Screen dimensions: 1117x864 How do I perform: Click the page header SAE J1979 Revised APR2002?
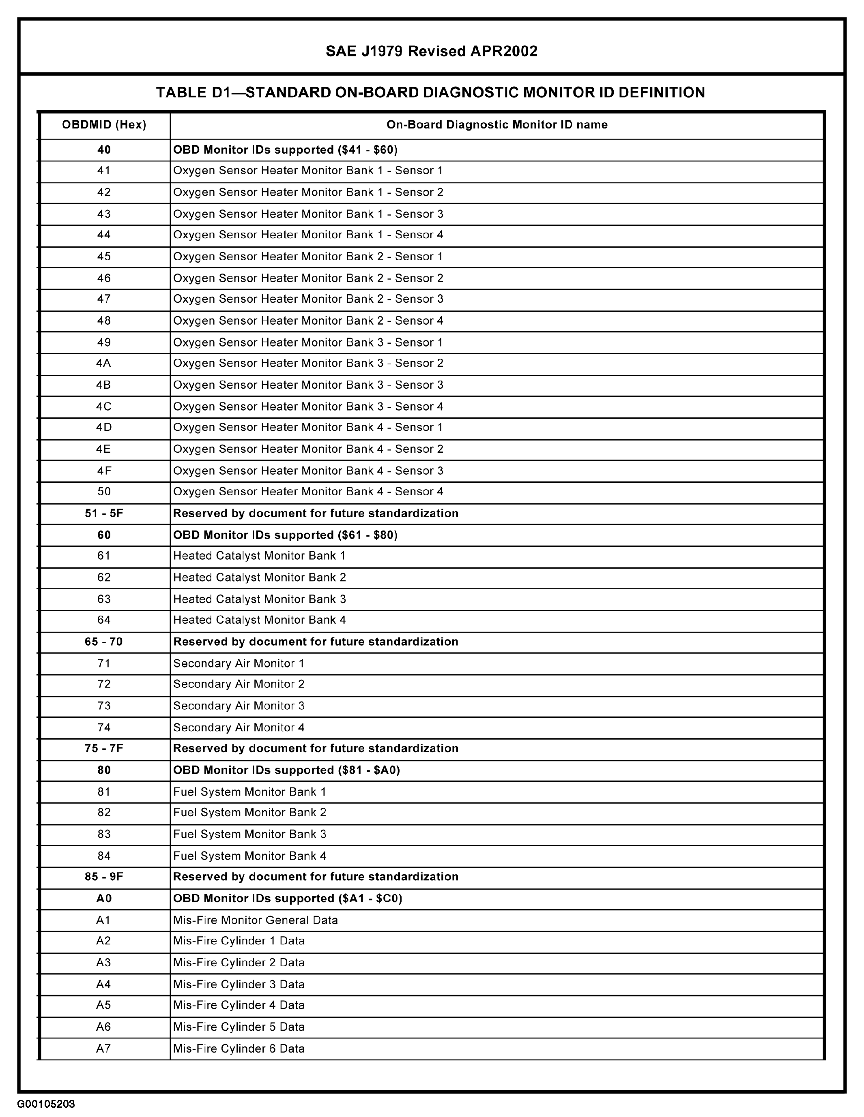432,51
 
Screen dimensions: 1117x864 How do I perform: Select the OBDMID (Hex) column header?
104,125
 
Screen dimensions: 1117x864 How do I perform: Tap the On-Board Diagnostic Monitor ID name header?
496,125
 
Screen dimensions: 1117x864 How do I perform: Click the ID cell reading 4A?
104,363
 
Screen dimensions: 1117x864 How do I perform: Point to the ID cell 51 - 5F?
104,514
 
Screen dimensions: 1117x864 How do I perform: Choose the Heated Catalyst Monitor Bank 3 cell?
260,599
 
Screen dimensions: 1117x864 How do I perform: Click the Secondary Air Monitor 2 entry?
239,684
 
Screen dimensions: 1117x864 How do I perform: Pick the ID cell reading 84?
104,856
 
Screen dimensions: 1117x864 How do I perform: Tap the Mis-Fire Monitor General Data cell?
256,920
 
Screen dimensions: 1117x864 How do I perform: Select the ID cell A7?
104,1049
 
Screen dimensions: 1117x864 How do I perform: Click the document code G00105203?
46,1104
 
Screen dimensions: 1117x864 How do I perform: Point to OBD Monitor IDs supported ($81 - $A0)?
286,770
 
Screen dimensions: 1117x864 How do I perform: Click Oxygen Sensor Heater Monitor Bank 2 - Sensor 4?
308,321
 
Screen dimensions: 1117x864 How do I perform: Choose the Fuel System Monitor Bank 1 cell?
249,792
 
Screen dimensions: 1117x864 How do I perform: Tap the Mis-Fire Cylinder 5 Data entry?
239,1027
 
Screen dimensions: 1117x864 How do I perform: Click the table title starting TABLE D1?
430,92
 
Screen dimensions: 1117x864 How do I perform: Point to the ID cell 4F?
104,471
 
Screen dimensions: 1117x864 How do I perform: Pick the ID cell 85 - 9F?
104,877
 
